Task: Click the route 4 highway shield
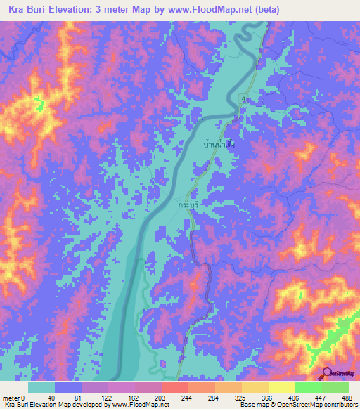pos(244,100)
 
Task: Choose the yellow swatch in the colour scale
pos(281,387)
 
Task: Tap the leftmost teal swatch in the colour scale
pos(41,387)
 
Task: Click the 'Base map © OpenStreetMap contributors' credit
pos(296,404)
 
